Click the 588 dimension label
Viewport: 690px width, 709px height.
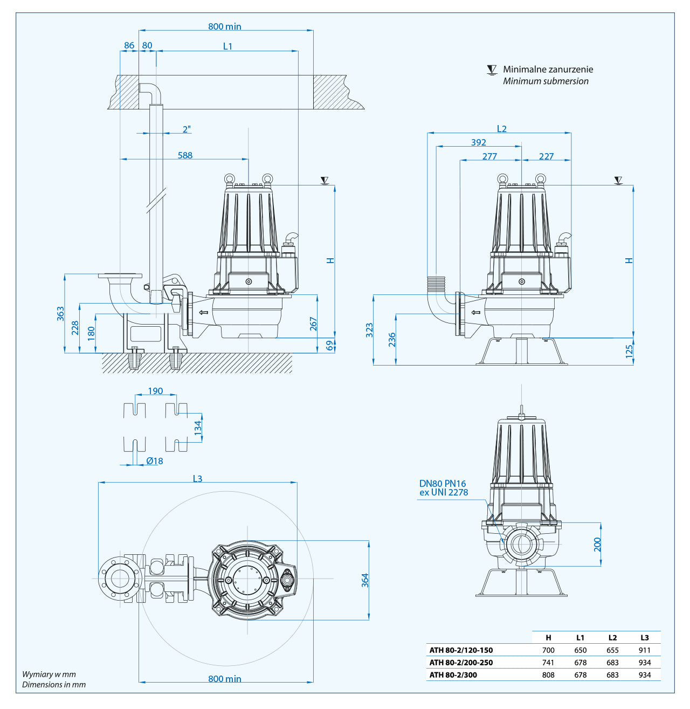pos(185,155)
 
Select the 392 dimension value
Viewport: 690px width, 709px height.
pos(478,142)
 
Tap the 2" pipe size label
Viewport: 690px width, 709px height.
pos(187,129)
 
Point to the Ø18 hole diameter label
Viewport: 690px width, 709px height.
pos(154,461)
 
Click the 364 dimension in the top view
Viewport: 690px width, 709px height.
pos(365,580)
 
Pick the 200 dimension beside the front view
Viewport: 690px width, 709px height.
pos(597,545)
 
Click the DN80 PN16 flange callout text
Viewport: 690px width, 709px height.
pos(443,484)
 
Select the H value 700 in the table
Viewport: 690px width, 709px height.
pos(548,650)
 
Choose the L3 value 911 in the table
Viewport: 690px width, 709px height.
pos(645,650)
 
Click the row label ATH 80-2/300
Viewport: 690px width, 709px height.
pos(453,675)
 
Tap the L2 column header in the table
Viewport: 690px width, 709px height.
pos(612,637)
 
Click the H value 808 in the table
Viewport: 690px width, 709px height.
pos(548,675)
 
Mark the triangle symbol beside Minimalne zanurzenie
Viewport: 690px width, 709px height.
pos(492,70)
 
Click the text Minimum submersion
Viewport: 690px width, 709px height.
pos(546,81)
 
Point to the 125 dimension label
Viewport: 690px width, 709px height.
pos(629,352)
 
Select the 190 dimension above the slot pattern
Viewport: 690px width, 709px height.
pos(155,391)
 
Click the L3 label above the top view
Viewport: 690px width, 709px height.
pos(197,479)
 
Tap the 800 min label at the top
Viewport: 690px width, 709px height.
pos(225,26)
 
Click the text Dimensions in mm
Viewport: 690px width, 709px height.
pos(54,685)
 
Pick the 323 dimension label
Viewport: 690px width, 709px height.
pos(369,330)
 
